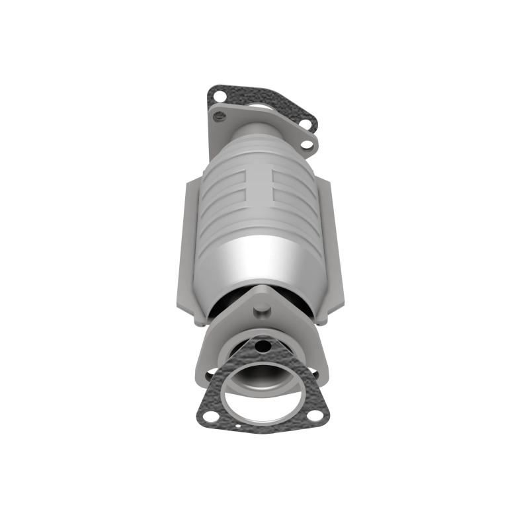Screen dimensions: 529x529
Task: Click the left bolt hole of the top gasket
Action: click(x=218, y=97)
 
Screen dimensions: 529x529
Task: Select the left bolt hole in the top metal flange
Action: click(x=220, y=117)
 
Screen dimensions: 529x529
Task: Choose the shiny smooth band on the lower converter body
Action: click(x=261, y=261)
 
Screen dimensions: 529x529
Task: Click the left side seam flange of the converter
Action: click(x=186, y=245)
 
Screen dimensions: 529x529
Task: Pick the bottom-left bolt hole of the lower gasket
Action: click(x=210, y=416)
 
